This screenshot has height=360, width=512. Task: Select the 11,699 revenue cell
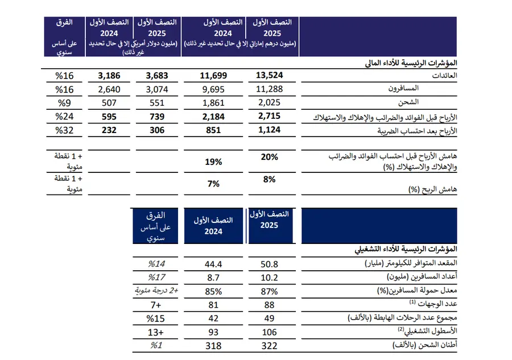213,75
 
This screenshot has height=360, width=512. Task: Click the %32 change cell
62,130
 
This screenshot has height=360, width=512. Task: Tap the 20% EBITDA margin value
269,157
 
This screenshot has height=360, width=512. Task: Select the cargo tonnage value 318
213,346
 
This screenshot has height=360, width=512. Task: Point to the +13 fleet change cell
156,332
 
